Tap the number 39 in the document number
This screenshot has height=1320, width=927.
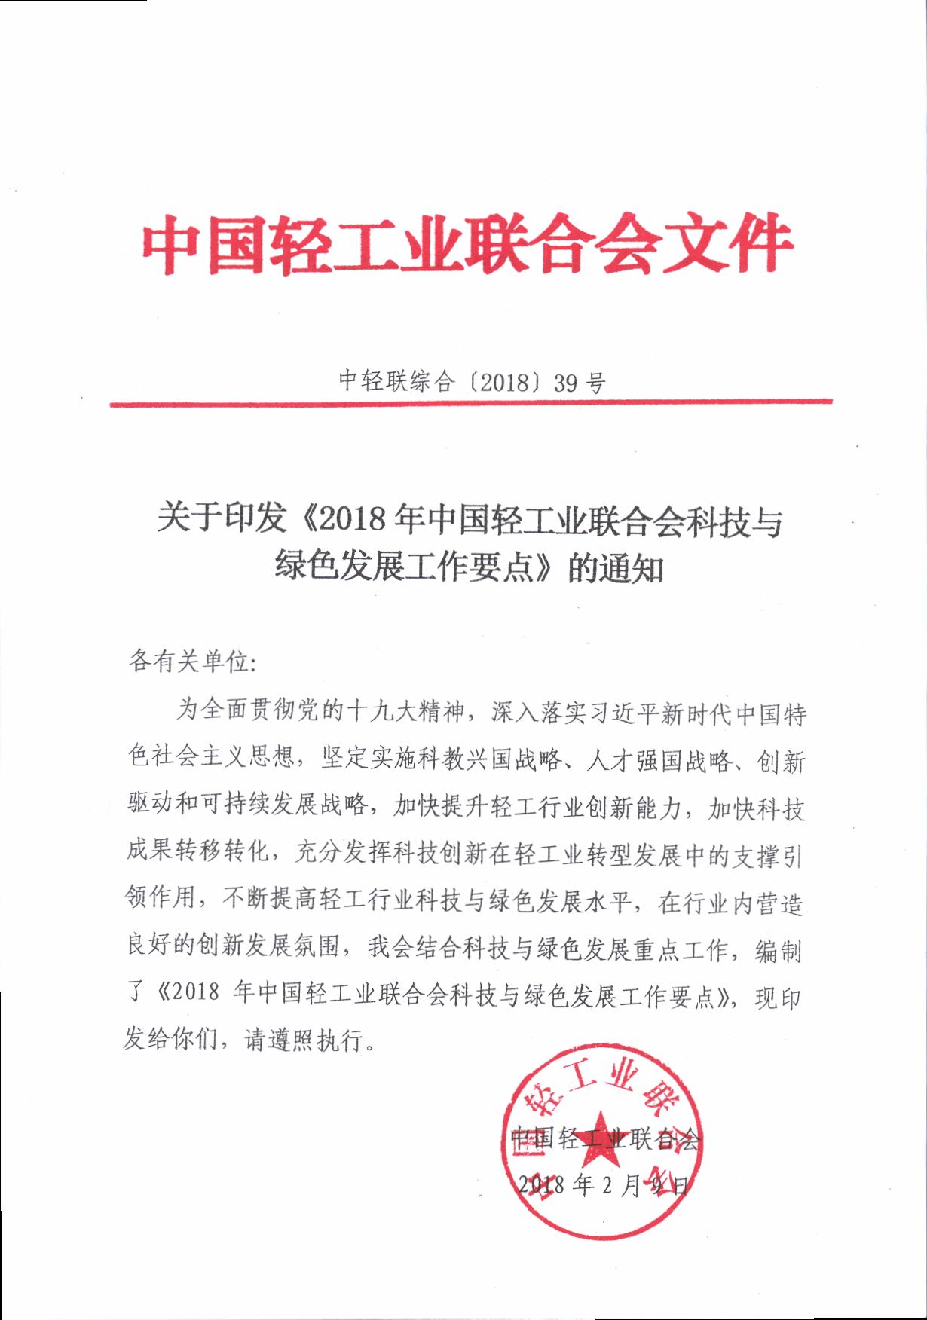(564, 383)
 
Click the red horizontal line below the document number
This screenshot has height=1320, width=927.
(470, 403)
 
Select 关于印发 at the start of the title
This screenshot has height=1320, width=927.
(222, 520)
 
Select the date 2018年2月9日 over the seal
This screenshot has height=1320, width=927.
(603, 1185)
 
